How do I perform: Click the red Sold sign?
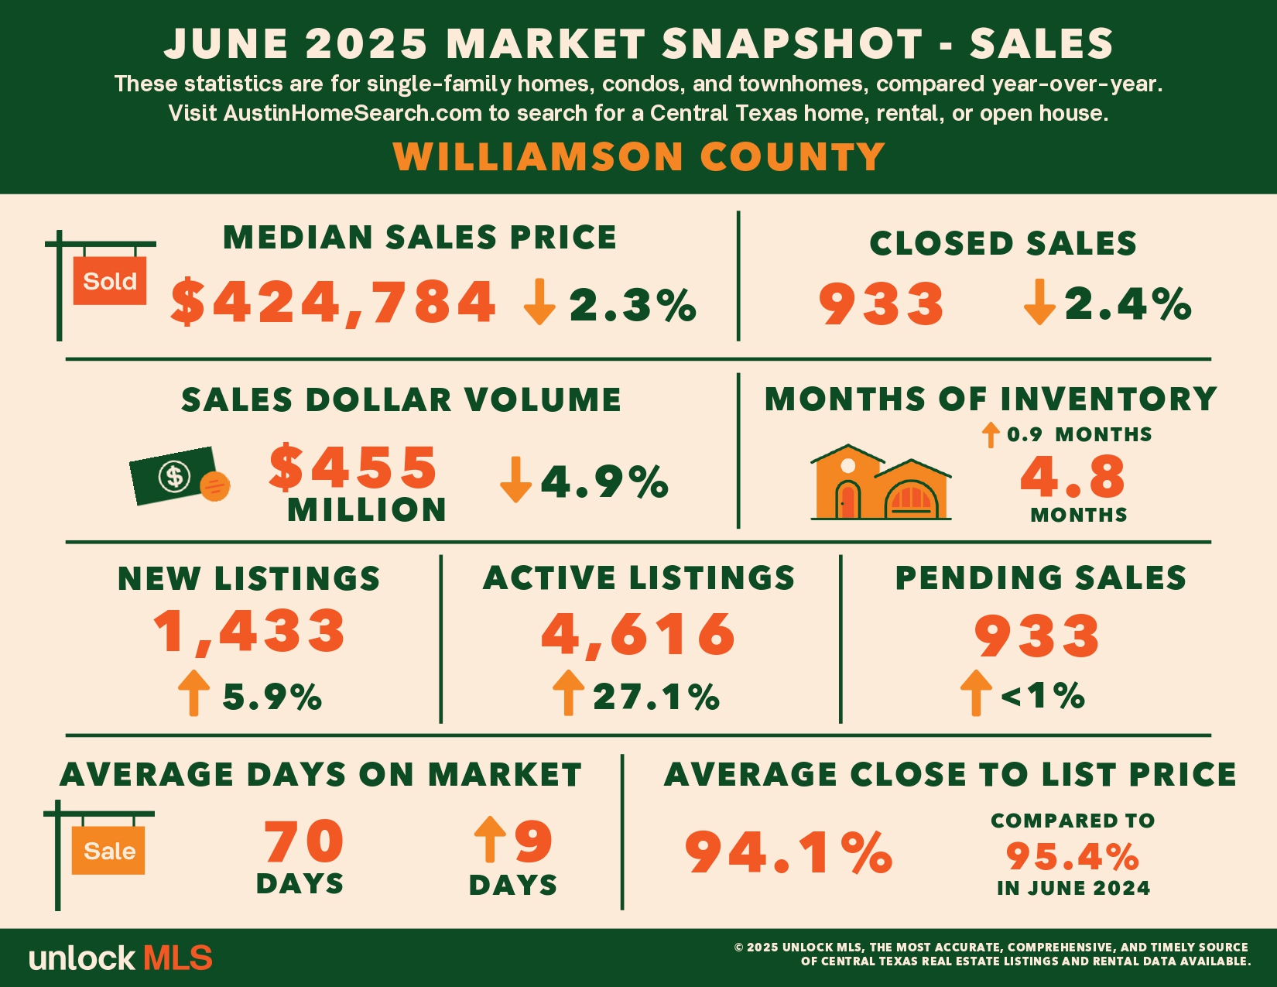109,280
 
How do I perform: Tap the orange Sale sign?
108,850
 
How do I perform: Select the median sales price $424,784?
334,302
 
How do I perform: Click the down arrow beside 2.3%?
539,301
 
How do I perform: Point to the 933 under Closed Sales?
882,303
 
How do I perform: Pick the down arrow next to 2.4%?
1039,302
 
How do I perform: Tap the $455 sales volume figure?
353,468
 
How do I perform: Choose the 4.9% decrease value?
604,482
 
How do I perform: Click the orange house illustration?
880,482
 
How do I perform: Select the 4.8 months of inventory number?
1073,476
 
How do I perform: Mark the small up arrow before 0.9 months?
991,435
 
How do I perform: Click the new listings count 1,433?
250,632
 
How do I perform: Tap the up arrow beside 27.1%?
568,693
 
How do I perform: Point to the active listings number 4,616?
638,634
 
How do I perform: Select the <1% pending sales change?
1042,696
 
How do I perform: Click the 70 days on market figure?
303,841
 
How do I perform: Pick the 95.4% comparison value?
1073,856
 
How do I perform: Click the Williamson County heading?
638,156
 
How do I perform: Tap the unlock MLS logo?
121,958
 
